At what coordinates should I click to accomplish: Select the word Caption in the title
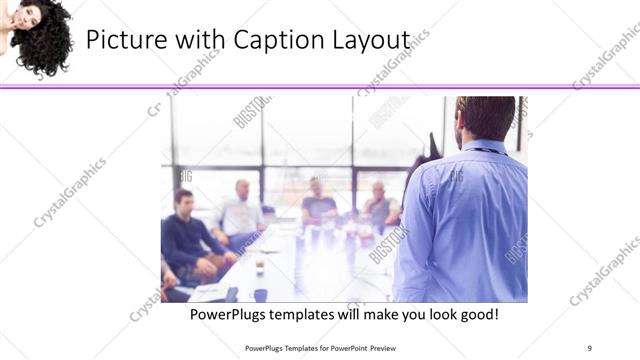[x=268, y=40]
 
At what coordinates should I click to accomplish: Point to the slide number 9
[x=590, y=347]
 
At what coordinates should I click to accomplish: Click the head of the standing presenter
[x=485, y=117]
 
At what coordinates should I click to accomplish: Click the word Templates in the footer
[x=298, y=347]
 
